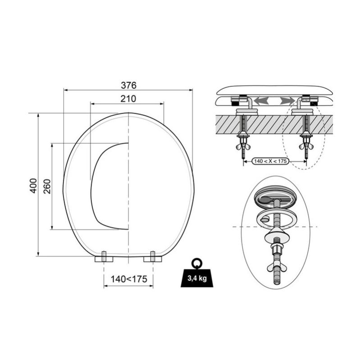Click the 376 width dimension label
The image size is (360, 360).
coord(128,86)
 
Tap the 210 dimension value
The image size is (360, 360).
coord(128,99)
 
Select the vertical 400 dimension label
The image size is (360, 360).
coord(33,186)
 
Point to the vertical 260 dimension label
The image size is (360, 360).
coord(47,186)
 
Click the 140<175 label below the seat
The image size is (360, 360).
coord(129,279)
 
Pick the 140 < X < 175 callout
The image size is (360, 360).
coord(270,161)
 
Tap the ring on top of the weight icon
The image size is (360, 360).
coord(197,263)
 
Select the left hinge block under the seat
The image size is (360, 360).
coord(104,257)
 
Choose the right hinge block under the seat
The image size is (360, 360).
coord(153,257)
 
